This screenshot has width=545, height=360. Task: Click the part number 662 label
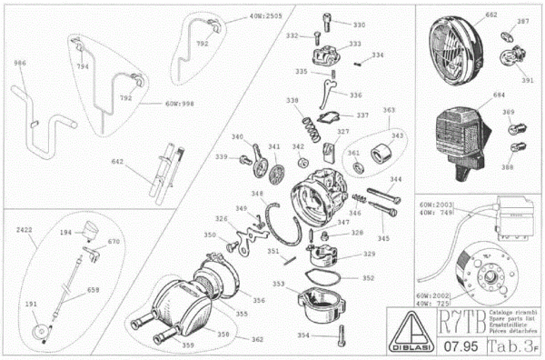click(x=466, y=15)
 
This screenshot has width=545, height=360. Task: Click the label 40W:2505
click(x=239, y=16)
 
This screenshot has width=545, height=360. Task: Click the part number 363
click(x=389, y=110)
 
